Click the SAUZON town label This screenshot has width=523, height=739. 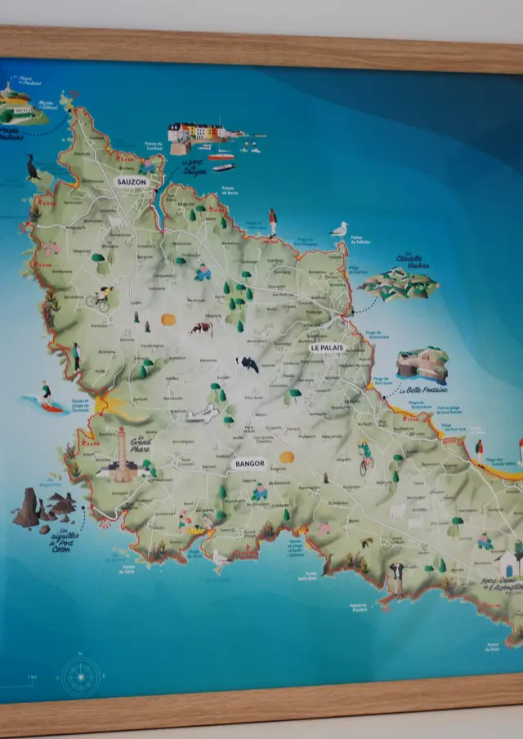tap(132, 183)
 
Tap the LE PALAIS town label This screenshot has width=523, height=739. tap(327, 348)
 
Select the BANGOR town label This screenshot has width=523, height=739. tap(248, 464)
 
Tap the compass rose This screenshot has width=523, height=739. tap(81, 676)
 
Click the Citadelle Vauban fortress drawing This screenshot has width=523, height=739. tap(400, 284)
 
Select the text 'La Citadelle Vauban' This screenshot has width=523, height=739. tap(413, 260)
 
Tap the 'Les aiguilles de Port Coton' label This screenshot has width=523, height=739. tap(67, 540)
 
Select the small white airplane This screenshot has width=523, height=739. tap(201, 415)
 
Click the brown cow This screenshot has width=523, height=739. tap(201, 328)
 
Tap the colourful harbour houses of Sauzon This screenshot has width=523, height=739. tap(198, 131)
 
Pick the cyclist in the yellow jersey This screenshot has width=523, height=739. tap(99, 298)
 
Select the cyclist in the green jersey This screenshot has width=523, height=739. tap(365, 457)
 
